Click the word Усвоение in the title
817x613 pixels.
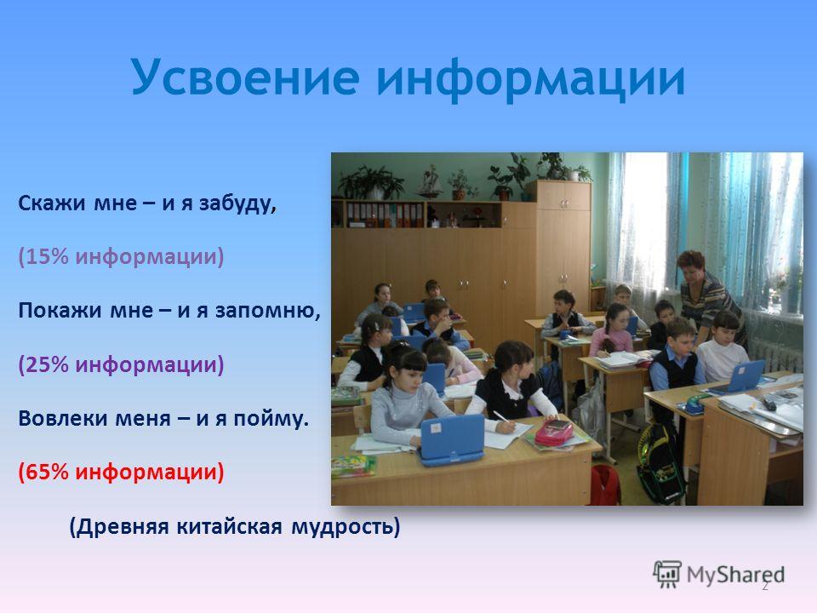pos(245,77)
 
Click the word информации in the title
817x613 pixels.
pos(530,78)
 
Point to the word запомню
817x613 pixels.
pos(266,311)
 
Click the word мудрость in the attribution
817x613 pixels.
pos(343,527)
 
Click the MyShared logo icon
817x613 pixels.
pos(666,575)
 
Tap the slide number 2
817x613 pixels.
pos(765,587)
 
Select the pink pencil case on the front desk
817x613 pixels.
pos(553,433)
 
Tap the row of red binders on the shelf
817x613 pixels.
pos(385,215)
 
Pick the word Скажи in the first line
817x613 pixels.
pos(52,203)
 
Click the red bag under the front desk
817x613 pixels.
pos(604,485)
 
